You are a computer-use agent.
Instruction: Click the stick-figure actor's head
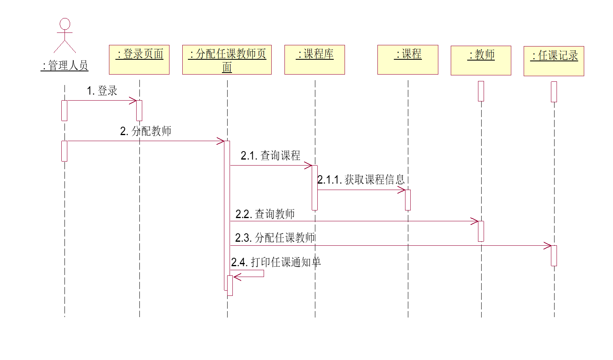click(65, 24)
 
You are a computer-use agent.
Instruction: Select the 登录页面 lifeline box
click(139, 60)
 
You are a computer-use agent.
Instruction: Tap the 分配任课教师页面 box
click(227, 60)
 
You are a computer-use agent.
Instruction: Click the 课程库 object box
click(315, 60)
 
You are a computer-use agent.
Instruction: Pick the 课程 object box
click(407, 60)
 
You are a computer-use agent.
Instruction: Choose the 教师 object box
click(481, 61)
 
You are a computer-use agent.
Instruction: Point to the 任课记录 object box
click(554, 61)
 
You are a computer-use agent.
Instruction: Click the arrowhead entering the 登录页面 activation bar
click(133, 101)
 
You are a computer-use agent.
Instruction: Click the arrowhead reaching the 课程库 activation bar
click(309, 166)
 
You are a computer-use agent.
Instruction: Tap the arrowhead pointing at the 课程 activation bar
click(402, 190)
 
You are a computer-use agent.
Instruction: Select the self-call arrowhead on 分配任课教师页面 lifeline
click(237, 277)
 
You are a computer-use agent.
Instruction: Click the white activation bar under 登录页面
click(139, 111)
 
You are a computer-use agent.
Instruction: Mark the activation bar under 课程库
click(315, 188)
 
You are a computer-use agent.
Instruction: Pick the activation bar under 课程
click(408, 200)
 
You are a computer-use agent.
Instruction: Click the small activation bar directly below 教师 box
click(481, 91)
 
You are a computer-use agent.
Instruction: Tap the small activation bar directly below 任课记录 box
click(554, 92)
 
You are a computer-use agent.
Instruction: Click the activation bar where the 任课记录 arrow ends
click(554, 256)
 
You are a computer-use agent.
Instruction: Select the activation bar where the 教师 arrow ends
click(481, 231)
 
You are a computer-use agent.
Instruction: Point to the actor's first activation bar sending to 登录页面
click(64, 111)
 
